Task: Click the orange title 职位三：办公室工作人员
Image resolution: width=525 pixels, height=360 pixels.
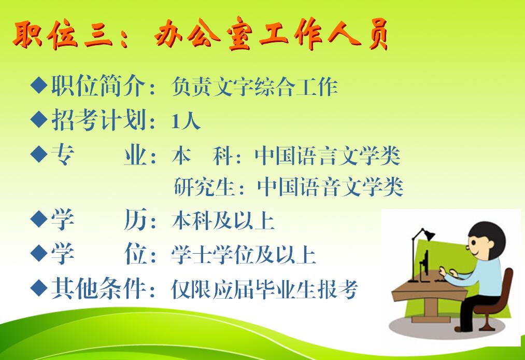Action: pos(200,34)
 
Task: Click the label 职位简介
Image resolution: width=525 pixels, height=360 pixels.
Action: pos(98,86)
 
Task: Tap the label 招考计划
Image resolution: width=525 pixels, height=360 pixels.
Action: pos(98,120)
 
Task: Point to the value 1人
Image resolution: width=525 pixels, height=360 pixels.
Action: pos(186,121)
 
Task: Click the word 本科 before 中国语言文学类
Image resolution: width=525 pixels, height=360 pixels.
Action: pos(203,156)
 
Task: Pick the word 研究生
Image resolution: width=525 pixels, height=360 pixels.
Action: pos(204,186)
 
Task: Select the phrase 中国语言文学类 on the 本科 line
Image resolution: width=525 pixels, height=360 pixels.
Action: pos(328,156)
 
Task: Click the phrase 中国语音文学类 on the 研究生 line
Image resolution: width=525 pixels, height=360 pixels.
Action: pos(330,186)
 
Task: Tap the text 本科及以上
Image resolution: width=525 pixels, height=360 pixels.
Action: pos(223,220)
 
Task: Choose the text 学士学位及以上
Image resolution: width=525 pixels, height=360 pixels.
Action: pos(244,255)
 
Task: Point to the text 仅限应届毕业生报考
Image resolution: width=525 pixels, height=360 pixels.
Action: pos(264,289)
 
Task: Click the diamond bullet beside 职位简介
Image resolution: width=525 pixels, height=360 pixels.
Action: pos(39,85)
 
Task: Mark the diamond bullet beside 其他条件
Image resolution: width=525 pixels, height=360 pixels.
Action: pos(39,287)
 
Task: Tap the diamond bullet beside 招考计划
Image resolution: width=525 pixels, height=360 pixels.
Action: pos(39,119)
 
